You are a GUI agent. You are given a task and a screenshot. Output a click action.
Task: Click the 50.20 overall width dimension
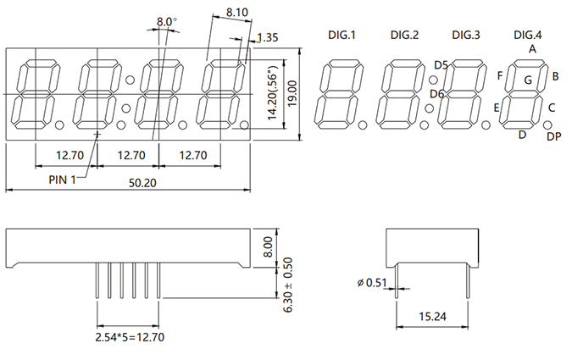pos(142,182)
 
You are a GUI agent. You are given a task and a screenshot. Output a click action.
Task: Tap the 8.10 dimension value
pos(236,12)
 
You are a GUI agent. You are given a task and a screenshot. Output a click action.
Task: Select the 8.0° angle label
pos(167,22)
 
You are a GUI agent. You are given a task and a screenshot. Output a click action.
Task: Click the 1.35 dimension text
pos(268,37)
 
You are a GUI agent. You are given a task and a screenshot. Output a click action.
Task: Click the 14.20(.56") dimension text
pos(273,92)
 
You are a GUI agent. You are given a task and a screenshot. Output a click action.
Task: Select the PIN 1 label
pos(62,180)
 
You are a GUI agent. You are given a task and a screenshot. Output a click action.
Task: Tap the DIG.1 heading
pos(342,35)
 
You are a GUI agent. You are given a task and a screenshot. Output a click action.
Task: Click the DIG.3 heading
pos(466,35)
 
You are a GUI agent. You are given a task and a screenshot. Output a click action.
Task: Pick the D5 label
pos(441,65)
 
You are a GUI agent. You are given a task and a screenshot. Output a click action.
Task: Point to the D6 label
pos(436,94)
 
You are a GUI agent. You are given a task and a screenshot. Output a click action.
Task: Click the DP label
pos(553,136)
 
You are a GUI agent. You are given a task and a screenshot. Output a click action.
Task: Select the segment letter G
pos(528,80)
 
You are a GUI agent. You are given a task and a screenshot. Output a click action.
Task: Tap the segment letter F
pos(500,75)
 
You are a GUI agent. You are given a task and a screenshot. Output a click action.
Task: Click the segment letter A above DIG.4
pos(532,48)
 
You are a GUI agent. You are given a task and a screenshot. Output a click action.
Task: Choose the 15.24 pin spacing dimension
pos(432,316)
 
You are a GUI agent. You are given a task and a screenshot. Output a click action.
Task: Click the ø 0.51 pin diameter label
pos(372,282)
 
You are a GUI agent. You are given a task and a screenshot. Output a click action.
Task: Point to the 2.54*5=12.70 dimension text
pos(130,337)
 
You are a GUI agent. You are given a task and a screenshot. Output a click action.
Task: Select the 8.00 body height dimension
pos(268,247)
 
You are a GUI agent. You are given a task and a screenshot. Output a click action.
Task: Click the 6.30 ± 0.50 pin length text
pos(287,285)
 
